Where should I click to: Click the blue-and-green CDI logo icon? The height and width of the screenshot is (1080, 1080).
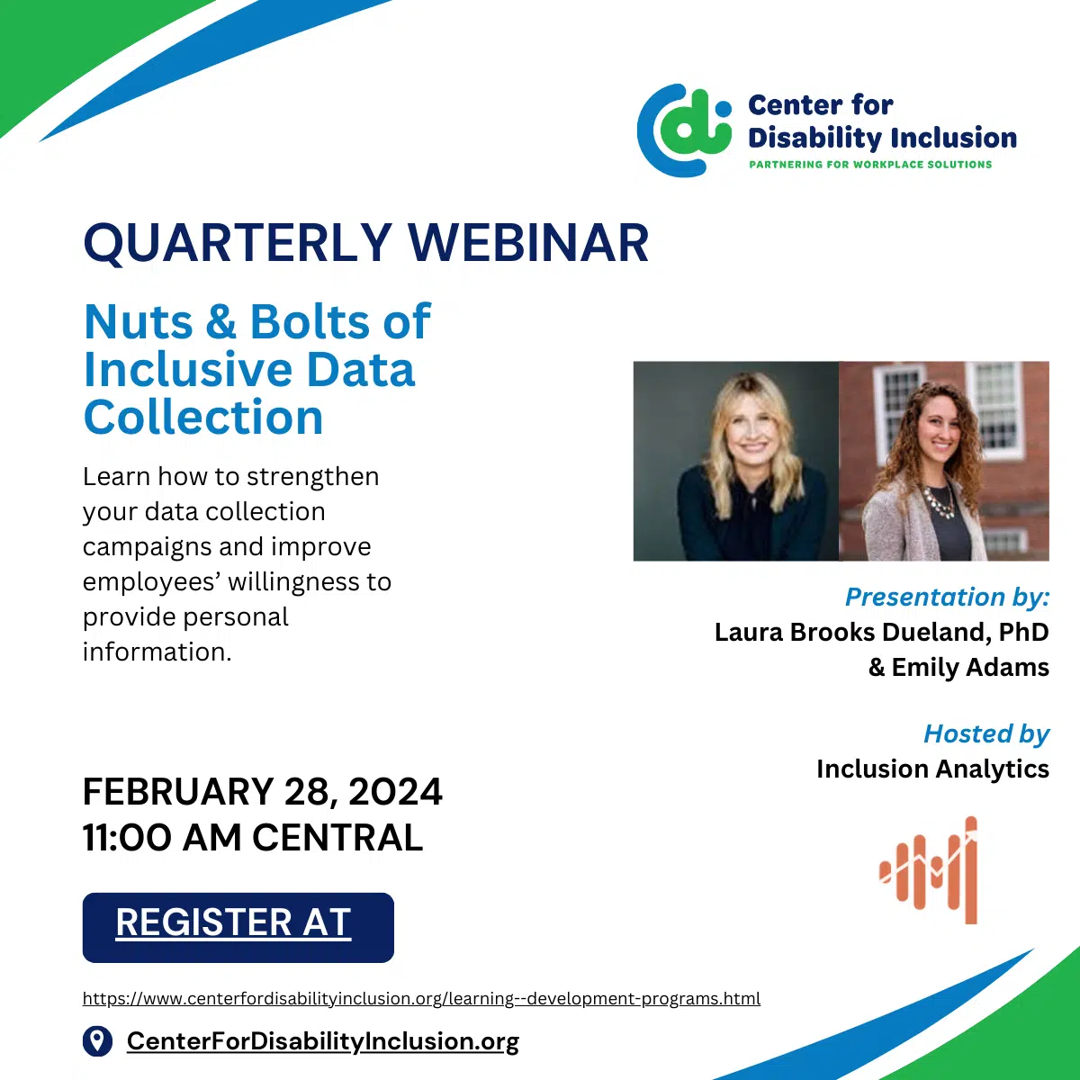coord(684,130)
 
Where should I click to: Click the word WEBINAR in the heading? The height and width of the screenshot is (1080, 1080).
coord(528,243)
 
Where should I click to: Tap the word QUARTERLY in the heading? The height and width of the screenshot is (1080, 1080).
coord(237,244)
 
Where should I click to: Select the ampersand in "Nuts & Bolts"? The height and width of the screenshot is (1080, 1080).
coord(220,321)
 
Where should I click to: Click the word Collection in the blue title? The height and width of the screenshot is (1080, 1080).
coord(203,417)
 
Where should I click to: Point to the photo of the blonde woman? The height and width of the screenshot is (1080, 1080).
coord(736,461)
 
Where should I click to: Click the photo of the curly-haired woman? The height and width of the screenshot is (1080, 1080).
coord(944,461)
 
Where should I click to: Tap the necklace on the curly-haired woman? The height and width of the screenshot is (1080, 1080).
coord(940,500)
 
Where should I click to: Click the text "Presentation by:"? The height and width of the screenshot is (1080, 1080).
coord(947,597)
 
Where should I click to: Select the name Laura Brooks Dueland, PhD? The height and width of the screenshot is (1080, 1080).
coord(882,632)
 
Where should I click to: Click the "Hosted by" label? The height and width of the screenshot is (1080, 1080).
coord(986,734)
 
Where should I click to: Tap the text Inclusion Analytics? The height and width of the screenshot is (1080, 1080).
coord(932,769)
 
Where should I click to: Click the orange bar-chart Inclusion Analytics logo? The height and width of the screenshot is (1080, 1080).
coord(929,869)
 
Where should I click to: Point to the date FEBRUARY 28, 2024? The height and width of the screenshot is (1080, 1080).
coord(262,791)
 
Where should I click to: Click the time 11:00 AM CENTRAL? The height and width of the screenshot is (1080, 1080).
coord(253,837)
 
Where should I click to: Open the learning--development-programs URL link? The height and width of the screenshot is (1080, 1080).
coord(421,998)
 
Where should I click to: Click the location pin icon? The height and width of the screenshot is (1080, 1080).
coord(97,1041)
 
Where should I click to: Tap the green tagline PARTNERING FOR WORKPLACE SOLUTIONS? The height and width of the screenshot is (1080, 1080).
coord(870,164)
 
